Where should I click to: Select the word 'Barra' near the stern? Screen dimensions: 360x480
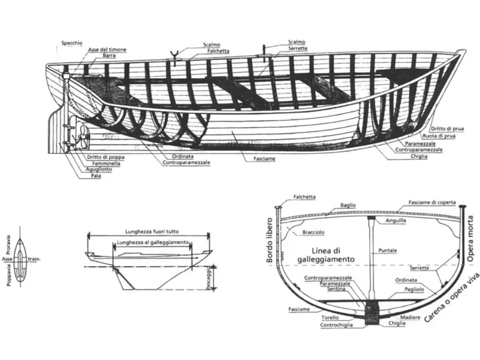[109, 56]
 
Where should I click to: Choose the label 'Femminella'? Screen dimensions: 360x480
[104, 164]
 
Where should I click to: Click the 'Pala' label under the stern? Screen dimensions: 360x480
[95, 176]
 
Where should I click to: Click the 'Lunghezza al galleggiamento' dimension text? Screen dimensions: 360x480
[152, 242]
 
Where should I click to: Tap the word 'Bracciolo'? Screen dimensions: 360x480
[313, 232]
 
